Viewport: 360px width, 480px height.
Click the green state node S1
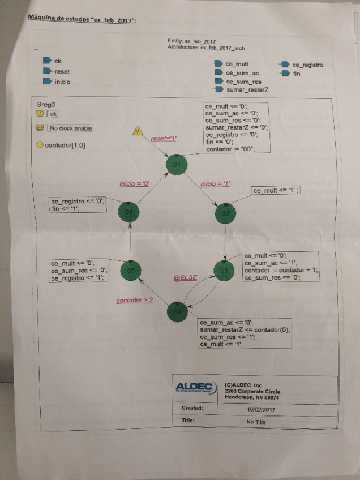176,164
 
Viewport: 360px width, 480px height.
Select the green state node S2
225,213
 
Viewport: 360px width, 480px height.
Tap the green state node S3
225,270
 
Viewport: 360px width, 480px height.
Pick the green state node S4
177,311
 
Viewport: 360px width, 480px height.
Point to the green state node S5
130,271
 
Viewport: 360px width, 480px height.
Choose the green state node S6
130,211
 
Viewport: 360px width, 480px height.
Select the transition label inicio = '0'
135,183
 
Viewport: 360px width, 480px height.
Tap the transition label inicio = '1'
215,183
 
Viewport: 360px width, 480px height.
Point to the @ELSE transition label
185,278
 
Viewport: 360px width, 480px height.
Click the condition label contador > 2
135,300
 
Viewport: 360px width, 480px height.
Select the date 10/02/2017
260,408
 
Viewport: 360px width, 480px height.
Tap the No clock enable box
70,128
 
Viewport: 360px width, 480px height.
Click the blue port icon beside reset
48,71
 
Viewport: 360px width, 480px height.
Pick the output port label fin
297,74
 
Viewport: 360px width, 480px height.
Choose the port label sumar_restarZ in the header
247,90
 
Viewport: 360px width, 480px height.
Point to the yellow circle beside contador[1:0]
40,144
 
